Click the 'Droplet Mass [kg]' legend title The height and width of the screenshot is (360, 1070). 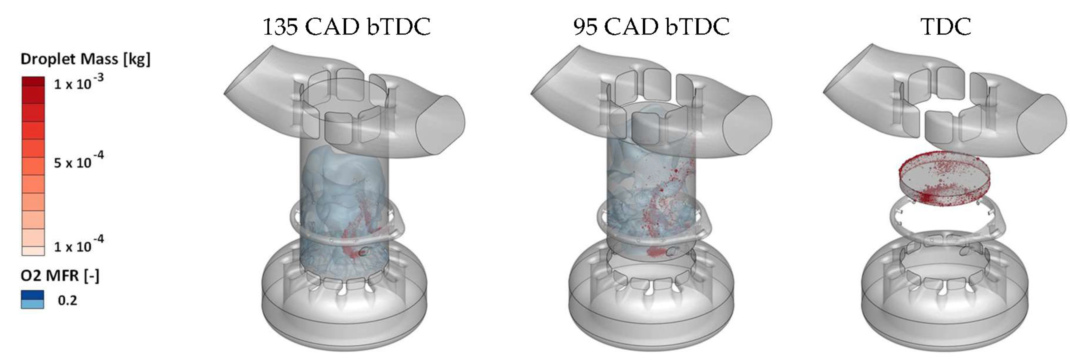[x=86, y=59]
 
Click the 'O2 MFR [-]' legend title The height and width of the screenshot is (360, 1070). [x=60, y=276]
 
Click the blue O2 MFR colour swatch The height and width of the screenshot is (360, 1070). [x=32, y=299]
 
